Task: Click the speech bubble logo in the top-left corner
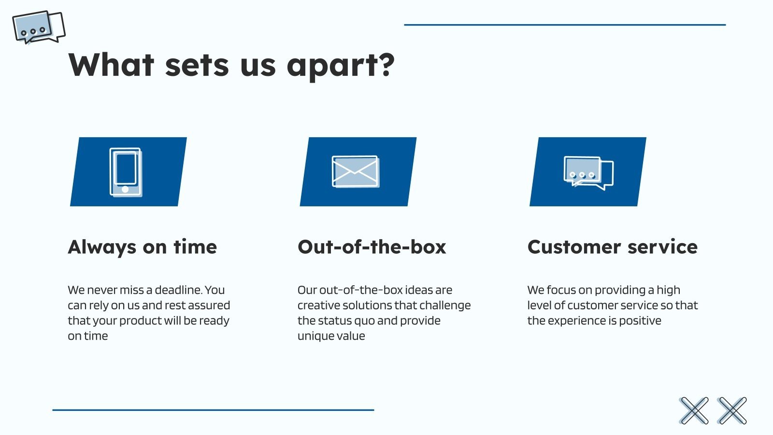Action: [39, 28]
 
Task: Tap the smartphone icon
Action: [126, 172]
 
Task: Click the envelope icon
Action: [356, 172]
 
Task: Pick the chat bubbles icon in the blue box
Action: [588, 173]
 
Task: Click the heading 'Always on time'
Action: [143, 247]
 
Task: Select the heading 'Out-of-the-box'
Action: [372, 247]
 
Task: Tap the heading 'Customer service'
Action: [612, 247]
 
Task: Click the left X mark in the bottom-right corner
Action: [694, 411]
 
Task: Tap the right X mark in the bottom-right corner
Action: [732, 411]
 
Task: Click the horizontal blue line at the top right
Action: [564, 25]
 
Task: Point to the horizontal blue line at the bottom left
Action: [213, 410]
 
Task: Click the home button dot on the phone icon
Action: [125, 189]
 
